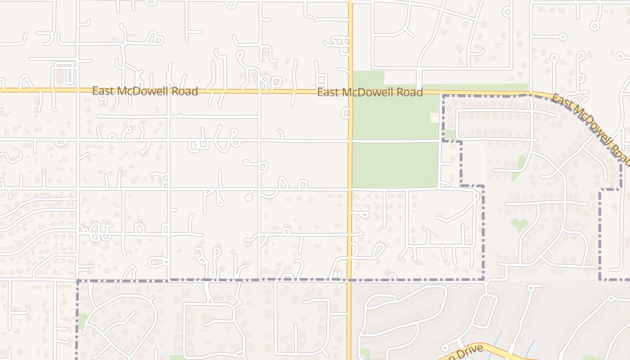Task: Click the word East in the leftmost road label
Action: pos(103,91)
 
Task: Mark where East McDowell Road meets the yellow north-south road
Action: pos(350,92)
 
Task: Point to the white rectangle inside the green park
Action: pos(434,118)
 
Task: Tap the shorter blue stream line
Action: pos(531,346)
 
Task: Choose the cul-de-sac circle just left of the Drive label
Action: pos(445,348)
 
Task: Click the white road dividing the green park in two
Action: pos(396,141)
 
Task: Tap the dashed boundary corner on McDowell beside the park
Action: pos(443,96)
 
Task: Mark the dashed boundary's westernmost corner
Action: pos(78,281)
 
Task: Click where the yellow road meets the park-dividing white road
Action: pos(350,141)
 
